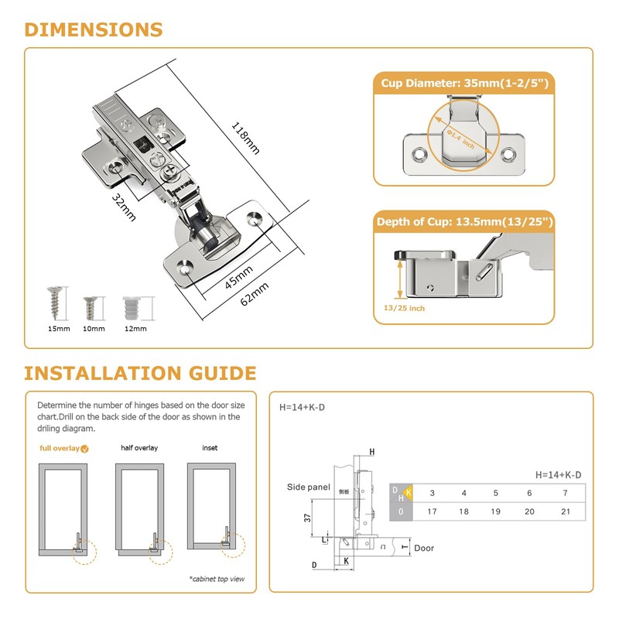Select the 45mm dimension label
click(239, 276)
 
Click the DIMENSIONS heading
click(93, 30)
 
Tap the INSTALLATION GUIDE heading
click(139, 374)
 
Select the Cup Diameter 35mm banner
click(465, 83)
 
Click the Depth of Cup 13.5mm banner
click(465, 222)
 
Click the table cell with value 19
click(496, 511)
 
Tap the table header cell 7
click(566, 493)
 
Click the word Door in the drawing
click(424, 548)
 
